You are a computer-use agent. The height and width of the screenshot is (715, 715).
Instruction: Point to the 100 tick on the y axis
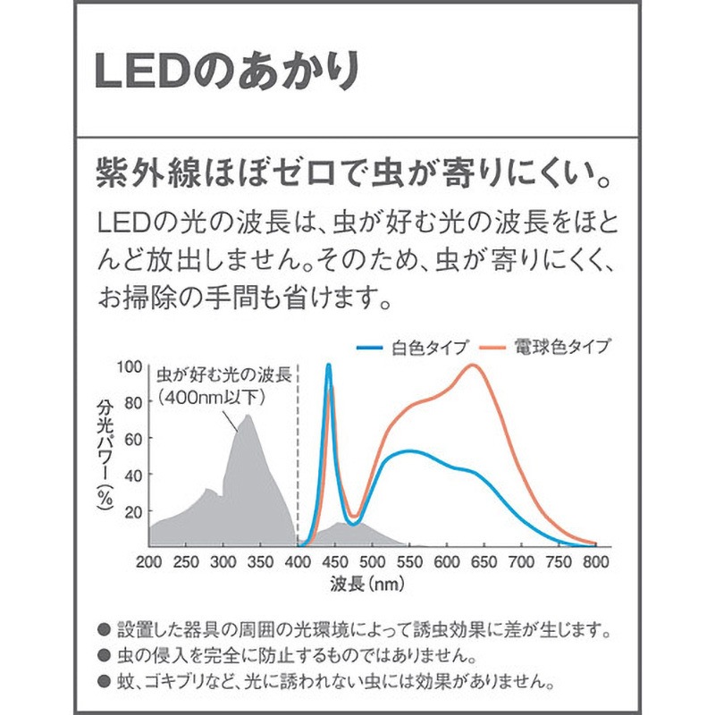[x=130, y=366]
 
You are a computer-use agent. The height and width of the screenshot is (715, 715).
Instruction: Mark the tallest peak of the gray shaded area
[x=248, y=416]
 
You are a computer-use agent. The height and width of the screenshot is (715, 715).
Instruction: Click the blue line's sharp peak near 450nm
[x=329, y=365]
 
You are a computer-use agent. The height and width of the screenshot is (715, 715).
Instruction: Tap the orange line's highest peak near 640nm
[x=473, y=365]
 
